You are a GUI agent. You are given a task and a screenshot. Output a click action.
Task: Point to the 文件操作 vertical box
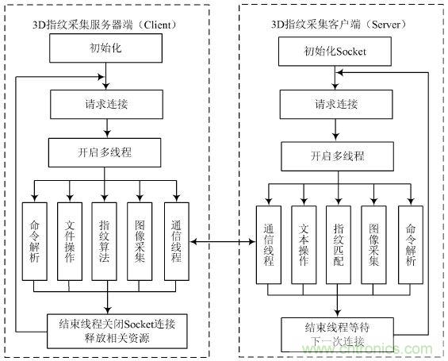click(70, 241)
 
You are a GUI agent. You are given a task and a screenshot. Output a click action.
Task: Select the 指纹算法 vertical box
click(105, 241)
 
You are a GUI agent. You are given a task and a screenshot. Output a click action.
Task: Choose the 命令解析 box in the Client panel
click(35, 241)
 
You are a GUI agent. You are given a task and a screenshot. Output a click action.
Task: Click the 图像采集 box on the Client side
click(140, 241)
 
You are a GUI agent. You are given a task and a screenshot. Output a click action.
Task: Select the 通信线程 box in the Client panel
click(176, 241)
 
